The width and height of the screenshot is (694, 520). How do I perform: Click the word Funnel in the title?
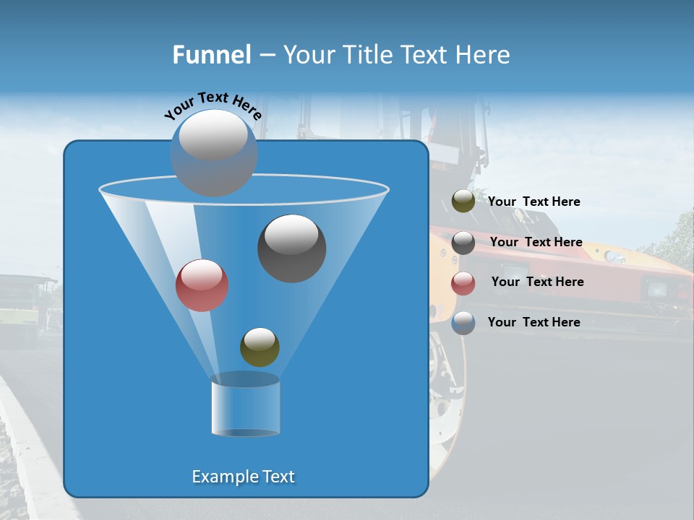click(x=211, y=55)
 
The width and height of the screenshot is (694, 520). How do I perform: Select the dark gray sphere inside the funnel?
click(x=291, y=249)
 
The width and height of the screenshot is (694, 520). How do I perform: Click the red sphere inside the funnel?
click(x=202, y=285)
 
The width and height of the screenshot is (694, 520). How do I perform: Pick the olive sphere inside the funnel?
click(x=260, y=347)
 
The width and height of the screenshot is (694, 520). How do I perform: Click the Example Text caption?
click(x=243, y=477)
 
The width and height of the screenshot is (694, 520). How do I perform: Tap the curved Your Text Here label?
click(x=213, y=105)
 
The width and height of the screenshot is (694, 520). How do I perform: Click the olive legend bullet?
click(x=463, y=201)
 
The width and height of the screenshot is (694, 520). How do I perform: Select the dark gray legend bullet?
click(x=463, y=243)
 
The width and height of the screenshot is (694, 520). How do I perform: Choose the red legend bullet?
click(x=463, y=283)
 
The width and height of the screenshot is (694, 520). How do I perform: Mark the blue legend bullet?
click(x=463, y=323)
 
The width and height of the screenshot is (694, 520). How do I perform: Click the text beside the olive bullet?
click(x=534, y=201)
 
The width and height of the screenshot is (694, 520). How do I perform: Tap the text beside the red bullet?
click(x=537, y=282)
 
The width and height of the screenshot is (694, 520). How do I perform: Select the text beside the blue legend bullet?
click(x=534, y=322)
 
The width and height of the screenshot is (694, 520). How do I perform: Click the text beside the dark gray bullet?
click(x=536, y=242)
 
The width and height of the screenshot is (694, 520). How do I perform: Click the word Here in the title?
click(x=484, y=55)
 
